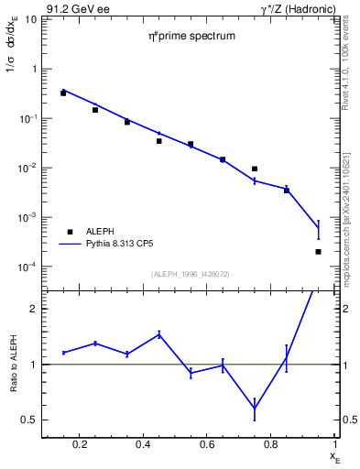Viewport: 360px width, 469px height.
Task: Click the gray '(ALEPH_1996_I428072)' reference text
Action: coord(191,273)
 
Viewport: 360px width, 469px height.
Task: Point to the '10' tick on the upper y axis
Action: coord(30,19)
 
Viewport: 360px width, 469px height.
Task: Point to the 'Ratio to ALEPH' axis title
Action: coord(12,364)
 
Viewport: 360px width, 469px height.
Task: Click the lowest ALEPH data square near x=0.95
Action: coord(318,251)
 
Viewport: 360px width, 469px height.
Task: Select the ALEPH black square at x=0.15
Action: coord(63,93)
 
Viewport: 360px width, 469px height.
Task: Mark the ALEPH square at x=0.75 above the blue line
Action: coord(255,169)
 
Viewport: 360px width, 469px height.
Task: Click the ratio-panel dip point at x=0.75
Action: coord(255,409)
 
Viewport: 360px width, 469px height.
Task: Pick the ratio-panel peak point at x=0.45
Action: coord(159,334)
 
